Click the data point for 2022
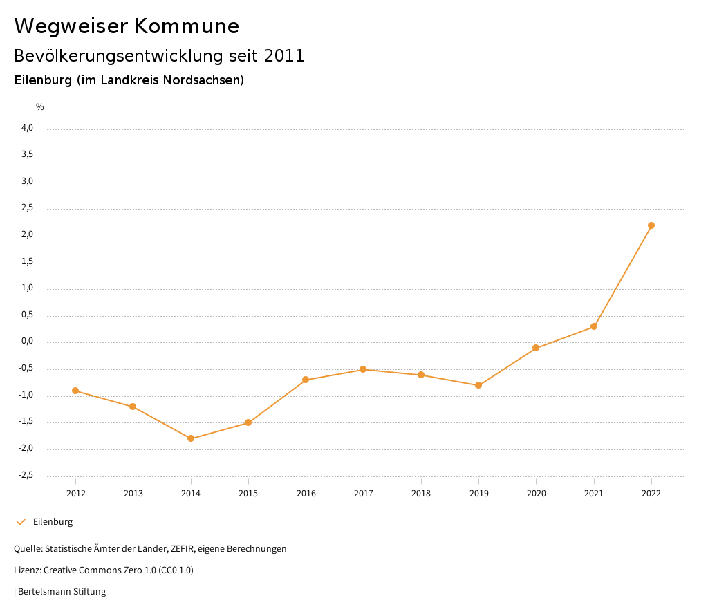[651, 225]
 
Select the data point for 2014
[191, 438]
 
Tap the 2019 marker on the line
[478, 385]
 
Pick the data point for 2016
[306, 380]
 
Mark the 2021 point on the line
[594, 326]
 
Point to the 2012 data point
[75, 391]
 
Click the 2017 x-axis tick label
[364, 493]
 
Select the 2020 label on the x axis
[536, 493]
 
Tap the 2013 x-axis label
[133, 493]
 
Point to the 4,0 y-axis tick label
[27, 128]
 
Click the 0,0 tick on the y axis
[27, 342]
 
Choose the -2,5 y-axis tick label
[26, 475]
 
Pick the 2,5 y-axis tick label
[27, 208]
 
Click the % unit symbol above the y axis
[40, 107]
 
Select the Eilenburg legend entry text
[53, 522]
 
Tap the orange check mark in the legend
[21, 522]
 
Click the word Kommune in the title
[187, 26]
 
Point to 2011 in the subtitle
[284, 56]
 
